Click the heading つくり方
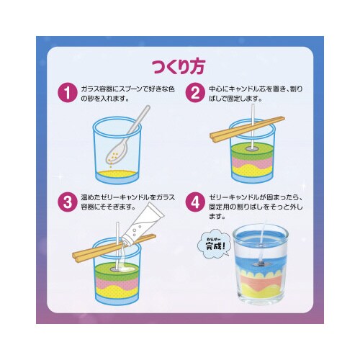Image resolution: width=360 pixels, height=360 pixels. [x=179, y=66]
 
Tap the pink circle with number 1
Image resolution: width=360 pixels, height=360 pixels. [x=67, y=92]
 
